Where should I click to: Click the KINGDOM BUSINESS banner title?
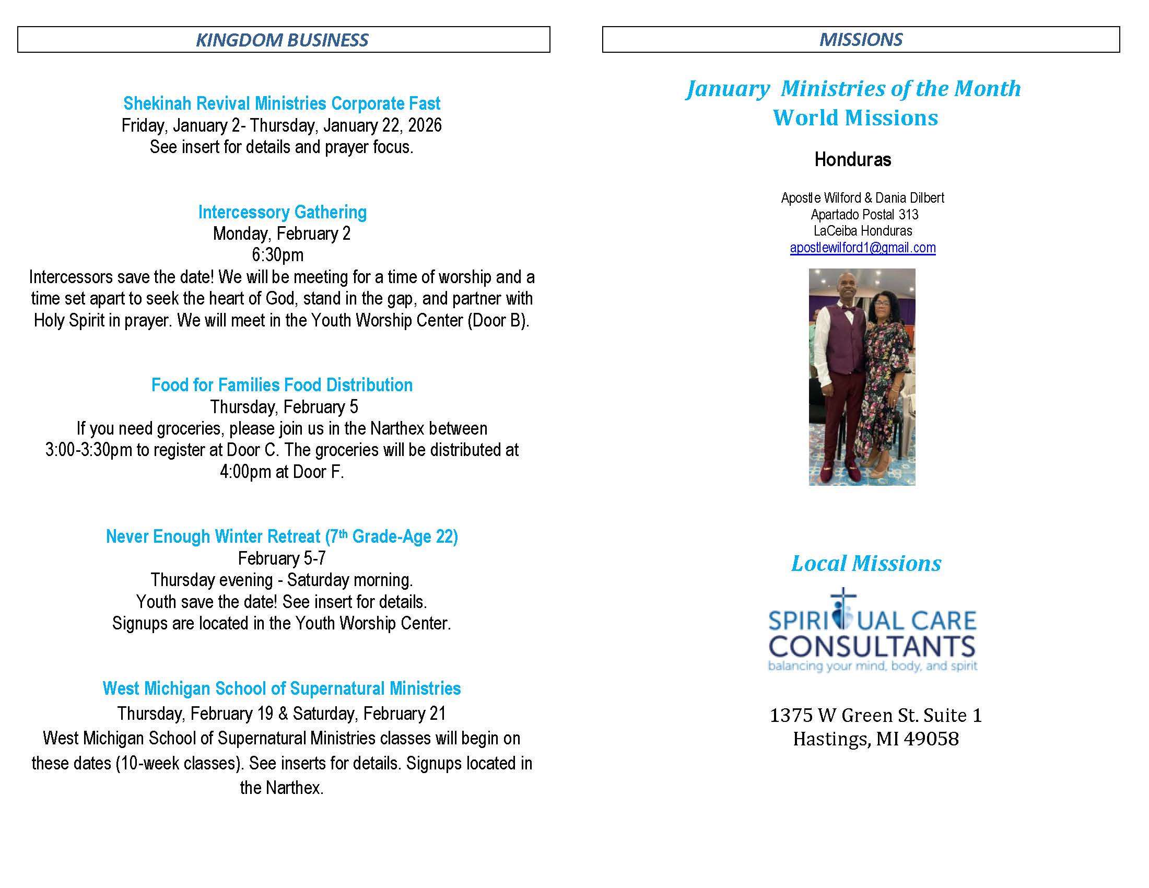pos(282,40)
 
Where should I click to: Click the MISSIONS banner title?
pos(861,40)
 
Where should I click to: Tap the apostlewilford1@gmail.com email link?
pos(862,248)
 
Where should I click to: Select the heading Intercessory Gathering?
pos(282,212)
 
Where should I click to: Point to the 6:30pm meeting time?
pos(277,255)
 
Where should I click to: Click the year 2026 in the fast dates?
pos(425,125)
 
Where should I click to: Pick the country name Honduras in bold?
pos(852,159)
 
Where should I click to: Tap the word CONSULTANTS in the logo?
pos(872,647)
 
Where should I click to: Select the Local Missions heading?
pos(866,564)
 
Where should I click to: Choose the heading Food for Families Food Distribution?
pos(282,385)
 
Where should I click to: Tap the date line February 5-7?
pos(282,558)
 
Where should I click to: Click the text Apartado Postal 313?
pos(864,215)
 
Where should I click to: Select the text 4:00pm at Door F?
pos(282,472)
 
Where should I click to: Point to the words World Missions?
pos(855,118)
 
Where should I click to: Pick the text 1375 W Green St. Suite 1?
pos(875,716)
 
